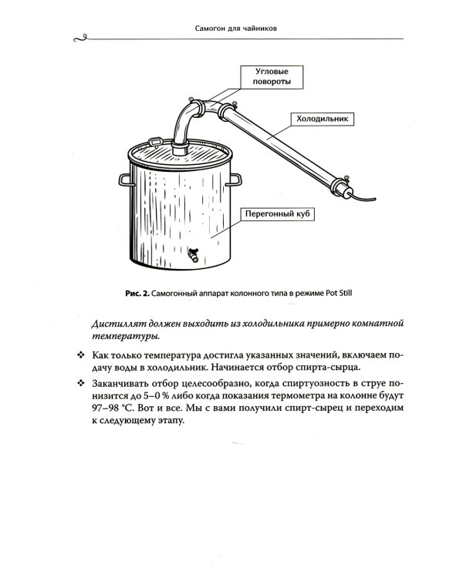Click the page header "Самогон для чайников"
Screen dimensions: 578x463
click(231, 30)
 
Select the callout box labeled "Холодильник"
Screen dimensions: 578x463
click(319, 119)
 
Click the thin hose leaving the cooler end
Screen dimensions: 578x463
click(367, 199)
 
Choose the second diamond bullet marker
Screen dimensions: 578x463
click(81, 382)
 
